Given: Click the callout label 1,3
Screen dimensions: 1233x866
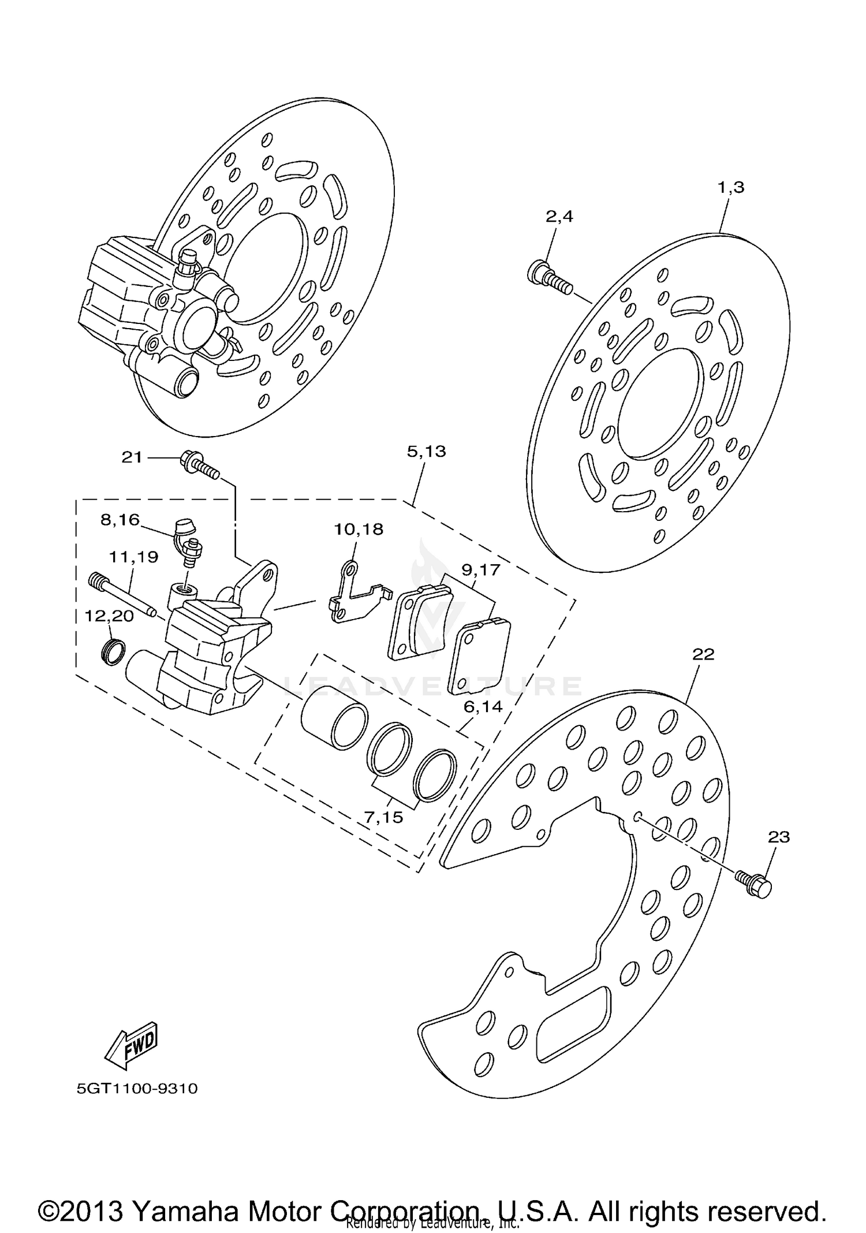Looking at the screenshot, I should point(731,188).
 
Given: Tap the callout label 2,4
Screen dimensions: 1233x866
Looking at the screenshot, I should point(559,217).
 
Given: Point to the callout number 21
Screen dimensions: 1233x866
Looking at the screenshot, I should point(132,457).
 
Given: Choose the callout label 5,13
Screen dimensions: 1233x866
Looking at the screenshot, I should point(427,452).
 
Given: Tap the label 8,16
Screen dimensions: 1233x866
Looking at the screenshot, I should point(120,520).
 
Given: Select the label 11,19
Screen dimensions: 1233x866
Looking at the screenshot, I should point(134,557).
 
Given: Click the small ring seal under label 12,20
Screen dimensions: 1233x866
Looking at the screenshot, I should point(113,651).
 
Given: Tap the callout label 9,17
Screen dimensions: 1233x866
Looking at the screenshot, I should point(480,570).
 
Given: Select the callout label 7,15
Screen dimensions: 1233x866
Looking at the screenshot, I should point(383,818).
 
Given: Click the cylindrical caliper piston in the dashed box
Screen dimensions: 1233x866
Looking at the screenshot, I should point(334,717).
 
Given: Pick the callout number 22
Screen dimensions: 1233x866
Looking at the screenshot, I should point(703,654).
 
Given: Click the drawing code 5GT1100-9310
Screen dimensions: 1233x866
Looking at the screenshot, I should point(137,1089).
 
